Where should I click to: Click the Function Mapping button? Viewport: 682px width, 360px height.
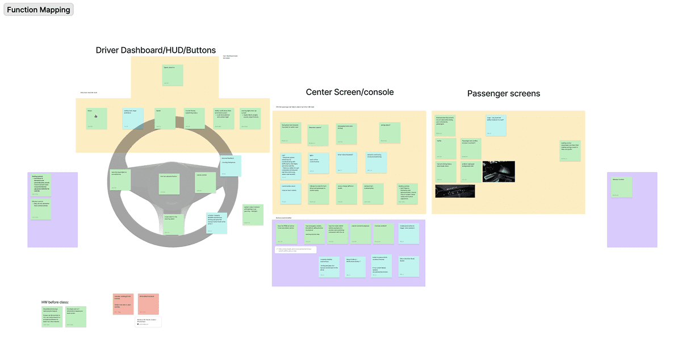click(x=39, y=9)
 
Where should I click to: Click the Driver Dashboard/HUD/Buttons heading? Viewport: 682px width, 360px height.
click(x=156, y=50)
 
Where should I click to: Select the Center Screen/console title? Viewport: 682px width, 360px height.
click(x=349, y=92)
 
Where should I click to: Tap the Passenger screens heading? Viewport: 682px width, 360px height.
click(x=503, y=93)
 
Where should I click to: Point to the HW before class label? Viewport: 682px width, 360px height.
click(x=55, y=302)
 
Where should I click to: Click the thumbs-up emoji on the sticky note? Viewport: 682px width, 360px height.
click(x=96, y=116)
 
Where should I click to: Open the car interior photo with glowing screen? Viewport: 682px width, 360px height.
click(x=499, y=171)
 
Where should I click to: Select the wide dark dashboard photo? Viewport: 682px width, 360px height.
click(x=455, y=191)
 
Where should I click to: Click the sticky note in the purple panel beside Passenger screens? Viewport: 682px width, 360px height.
click(x=621, y=187)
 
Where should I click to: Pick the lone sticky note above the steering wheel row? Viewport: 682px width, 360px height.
click(x=173, y=75)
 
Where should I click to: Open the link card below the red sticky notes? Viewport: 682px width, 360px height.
click(x=148, y=322)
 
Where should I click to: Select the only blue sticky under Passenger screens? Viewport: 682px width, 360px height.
click(x=496, y=125)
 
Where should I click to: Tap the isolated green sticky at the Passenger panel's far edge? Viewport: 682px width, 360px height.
click(x=570, y=150)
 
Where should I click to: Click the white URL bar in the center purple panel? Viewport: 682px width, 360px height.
click(x=295, y=249)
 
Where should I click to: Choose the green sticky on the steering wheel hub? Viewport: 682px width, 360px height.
click(x=169, y=184)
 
